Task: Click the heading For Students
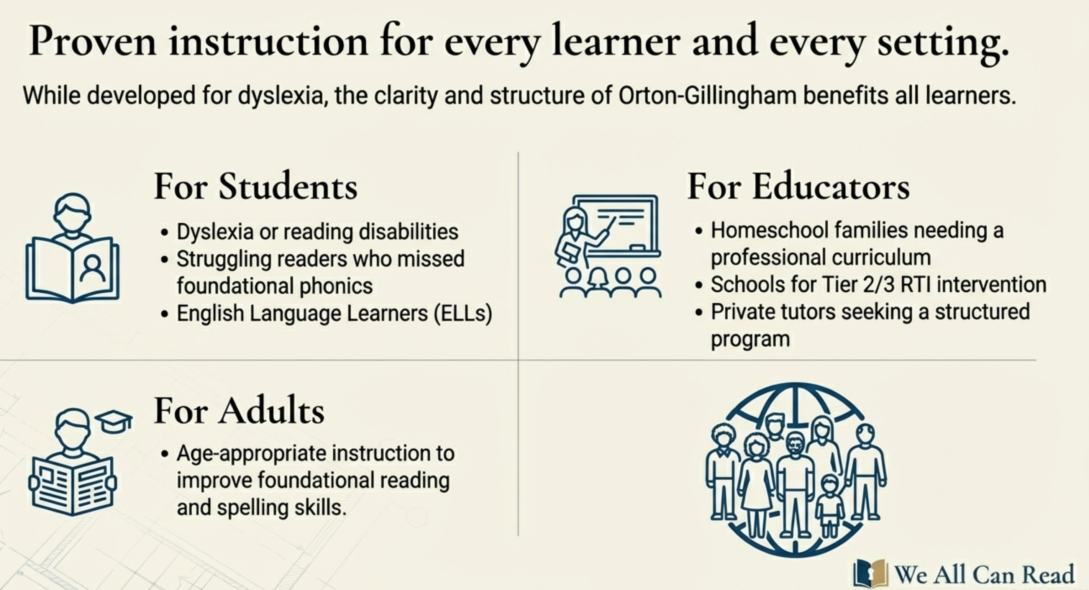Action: point(256,186)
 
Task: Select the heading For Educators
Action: point(799,186)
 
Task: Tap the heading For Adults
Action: point(239,410)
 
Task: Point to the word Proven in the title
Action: point(93,41)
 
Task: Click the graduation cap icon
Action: point(113,421)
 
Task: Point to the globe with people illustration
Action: point(795,469)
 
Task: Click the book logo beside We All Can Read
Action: point(870,573)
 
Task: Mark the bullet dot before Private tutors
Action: point(699,313)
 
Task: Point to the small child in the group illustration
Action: point(830,505)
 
